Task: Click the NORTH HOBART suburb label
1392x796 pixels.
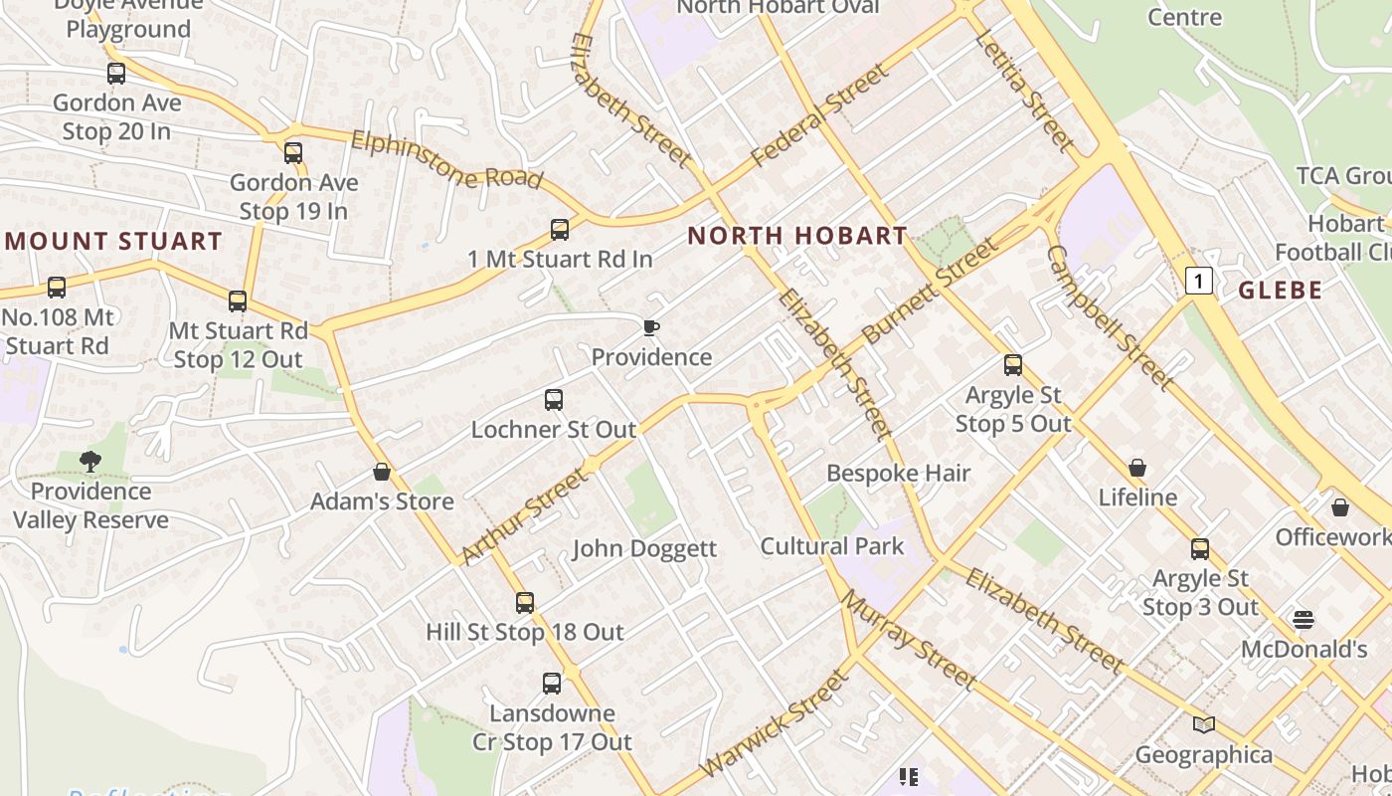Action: click(797, 236)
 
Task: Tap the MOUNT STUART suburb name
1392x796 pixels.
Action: click(113, 241)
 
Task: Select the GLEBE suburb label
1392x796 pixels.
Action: click(1281, 291)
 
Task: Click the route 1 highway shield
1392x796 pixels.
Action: click(1199, 282)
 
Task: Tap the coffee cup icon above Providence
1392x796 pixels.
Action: click(651, 327)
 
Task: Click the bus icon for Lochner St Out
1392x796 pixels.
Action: click(554, 400)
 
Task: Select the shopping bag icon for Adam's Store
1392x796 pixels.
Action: click(381, 472)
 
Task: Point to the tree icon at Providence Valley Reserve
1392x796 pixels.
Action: click(90, 461)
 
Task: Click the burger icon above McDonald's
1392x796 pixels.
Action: click(1304, 620)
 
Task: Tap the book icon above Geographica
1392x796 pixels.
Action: click(1204, 724)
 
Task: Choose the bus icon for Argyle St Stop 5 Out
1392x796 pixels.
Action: click(1012, 365)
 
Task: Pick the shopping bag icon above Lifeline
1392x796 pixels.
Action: click(1137, 468)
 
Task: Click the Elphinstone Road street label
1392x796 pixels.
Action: click(446, 160)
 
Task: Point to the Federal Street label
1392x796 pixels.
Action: click(818, 116)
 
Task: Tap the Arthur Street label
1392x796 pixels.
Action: click(524, 517)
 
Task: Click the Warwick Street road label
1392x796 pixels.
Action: click(775, 723)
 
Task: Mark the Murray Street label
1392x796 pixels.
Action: click(909, 640)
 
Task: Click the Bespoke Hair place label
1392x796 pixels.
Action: click(898, 473)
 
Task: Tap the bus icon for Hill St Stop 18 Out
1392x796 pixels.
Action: click(524, 602)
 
